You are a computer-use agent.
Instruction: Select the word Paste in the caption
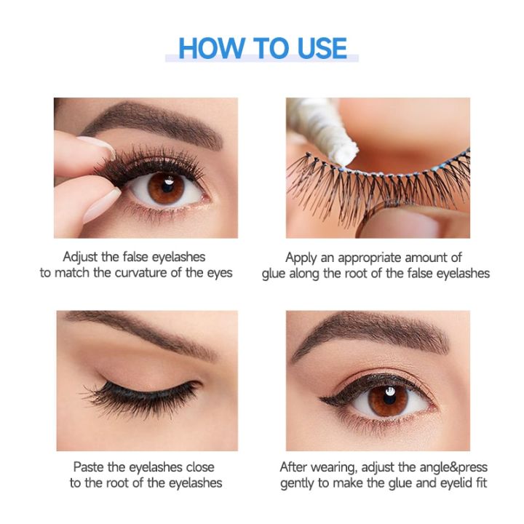point(88,467)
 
